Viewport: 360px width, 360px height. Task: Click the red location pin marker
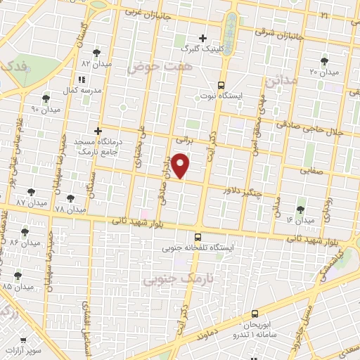click(x=181, y=165)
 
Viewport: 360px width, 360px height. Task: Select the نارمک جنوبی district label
click(x=170, y=280)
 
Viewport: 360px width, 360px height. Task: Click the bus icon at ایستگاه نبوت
click(x=221, y=84)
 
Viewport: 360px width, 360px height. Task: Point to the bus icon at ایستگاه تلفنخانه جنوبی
click(x=198, y=237)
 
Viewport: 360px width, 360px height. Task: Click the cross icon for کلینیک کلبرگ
click(x=203, y=38)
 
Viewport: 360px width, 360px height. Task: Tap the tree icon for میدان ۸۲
click(x=96, y=52)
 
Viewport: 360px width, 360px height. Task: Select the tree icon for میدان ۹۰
click(x=46, y=98)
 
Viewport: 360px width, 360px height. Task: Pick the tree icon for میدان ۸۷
click(x=30, y=191)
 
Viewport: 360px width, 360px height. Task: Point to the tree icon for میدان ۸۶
click(x=25, y=231)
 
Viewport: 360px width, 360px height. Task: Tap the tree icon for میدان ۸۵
click(x=18, y=276)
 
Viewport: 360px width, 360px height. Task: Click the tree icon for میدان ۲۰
click(x=323, y=61)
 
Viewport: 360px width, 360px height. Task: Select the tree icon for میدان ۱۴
click(x=300, y=210)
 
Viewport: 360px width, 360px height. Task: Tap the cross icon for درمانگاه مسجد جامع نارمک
click(x=98, y=131)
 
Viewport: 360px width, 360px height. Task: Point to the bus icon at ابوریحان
click(x=254, y=314)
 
